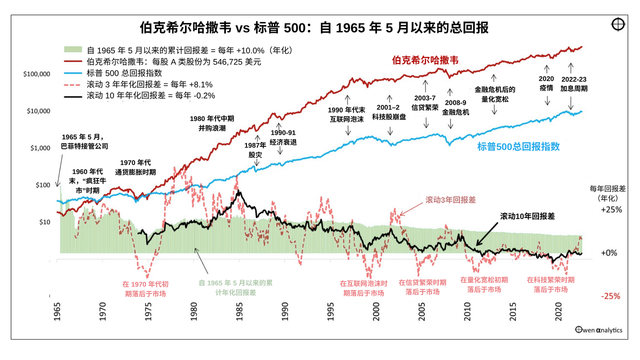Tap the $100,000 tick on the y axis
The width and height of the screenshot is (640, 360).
[36, 74]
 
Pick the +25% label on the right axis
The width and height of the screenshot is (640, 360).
[611, 209]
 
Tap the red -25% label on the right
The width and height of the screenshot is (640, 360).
[610, 296]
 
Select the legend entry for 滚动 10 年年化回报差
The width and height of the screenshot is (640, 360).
[144, 95]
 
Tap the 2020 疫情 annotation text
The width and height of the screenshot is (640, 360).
[546, 83]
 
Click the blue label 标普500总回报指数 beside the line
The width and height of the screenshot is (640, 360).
[518, 146]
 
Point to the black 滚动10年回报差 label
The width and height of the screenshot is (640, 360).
[527, 216]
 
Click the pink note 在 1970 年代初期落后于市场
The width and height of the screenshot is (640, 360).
[145, 289]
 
